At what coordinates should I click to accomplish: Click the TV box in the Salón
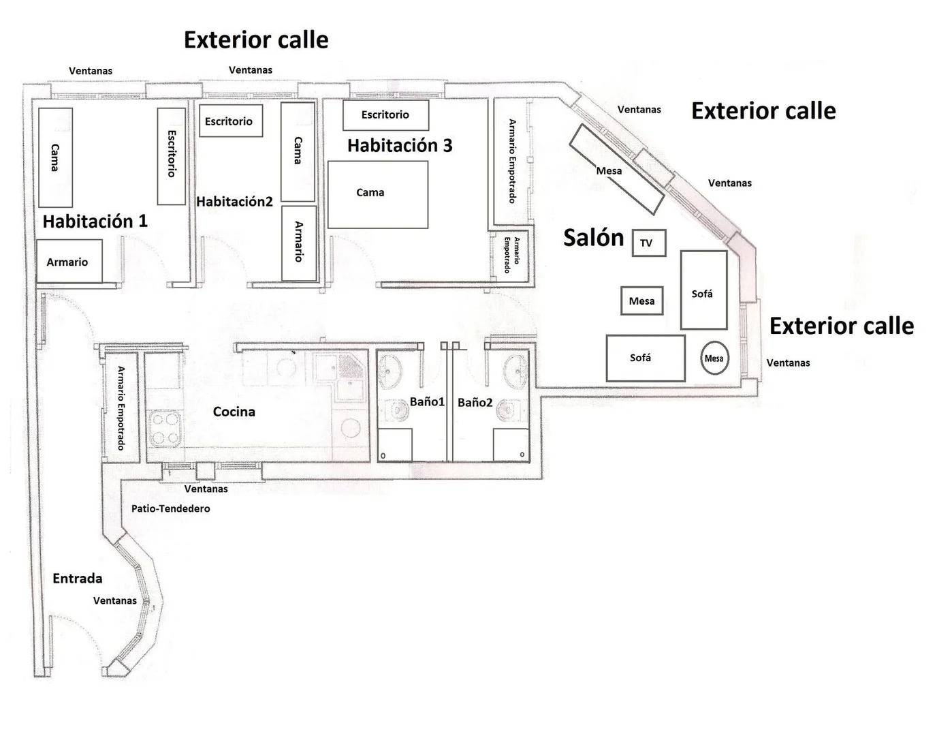pos(649,243)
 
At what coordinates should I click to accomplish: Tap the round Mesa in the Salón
pos(714,358)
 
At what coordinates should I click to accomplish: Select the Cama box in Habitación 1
pos(55,157)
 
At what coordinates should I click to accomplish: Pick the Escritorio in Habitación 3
pos(386,115)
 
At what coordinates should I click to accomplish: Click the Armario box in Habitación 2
pos(299,243)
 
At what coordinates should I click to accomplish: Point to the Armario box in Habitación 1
pos(69,262)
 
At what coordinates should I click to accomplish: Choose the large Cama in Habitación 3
pos(378,195)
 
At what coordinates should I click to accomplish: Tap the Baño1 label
pos(427,401)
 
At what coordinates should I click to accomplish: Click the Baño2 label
pos(475,403)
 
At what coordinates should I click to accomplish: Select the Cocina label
pos(234,412)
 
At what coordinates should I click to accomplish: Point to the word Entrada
pos(78,578)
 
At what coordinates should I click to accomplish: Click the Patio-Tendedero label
pos(171,508)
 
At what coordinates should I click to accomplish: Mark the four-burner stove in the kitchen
pos(165,429)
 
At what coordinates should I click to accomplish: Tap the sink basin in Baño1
pos(390,371)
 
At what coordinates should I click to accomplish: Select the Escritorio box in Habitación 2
pos(231,121)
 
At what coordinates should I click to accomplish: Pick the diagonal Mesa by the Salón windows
pos(617,170)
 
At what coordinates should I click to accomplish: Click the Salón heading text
pos(594,238)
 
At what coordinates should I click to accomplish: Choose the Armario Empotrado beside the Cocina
pos(121,408)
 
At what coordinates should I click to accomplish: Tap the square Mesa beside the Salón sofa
pos(642,301)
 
